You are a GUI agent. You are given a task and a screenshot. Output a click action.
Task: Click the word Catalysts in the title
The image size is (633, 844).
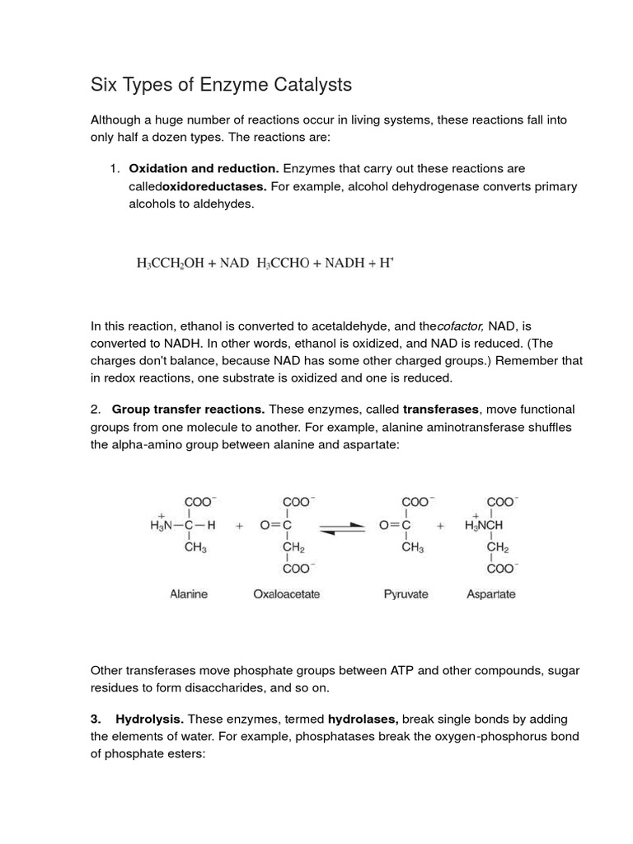click(x=304, y=84)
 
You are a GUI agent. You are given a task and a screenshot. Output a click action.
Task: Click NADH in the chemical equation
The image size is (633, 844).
click(x=339, y=264)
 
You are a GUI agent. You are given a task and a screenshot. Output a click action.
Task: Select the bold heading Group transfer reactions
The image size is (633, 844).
click(x=189, y=409)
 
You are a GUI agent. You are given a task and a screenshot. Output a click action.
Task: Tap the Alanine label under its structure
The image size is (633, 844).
click(x=190, y=593)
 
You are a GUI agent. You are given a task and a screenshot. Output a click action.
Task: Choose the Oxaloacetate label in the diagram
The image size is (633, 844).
click(x=286, y=593)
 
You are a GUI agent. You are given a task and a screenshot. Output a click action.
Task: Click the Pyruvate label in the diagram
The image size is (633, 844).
click(x=406, y=593)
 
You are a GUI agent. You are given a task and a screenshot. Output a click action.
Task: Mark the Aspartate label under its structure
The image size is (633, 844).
click(x=491, y=593)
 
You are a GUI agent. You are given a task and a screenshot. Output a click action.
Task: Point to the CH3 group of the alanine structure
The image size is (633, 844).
click(x=195, y=546)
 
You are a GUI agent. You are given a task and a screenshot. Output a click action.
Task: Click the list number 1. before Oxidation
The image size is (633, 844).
click(x=115, y=168)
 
